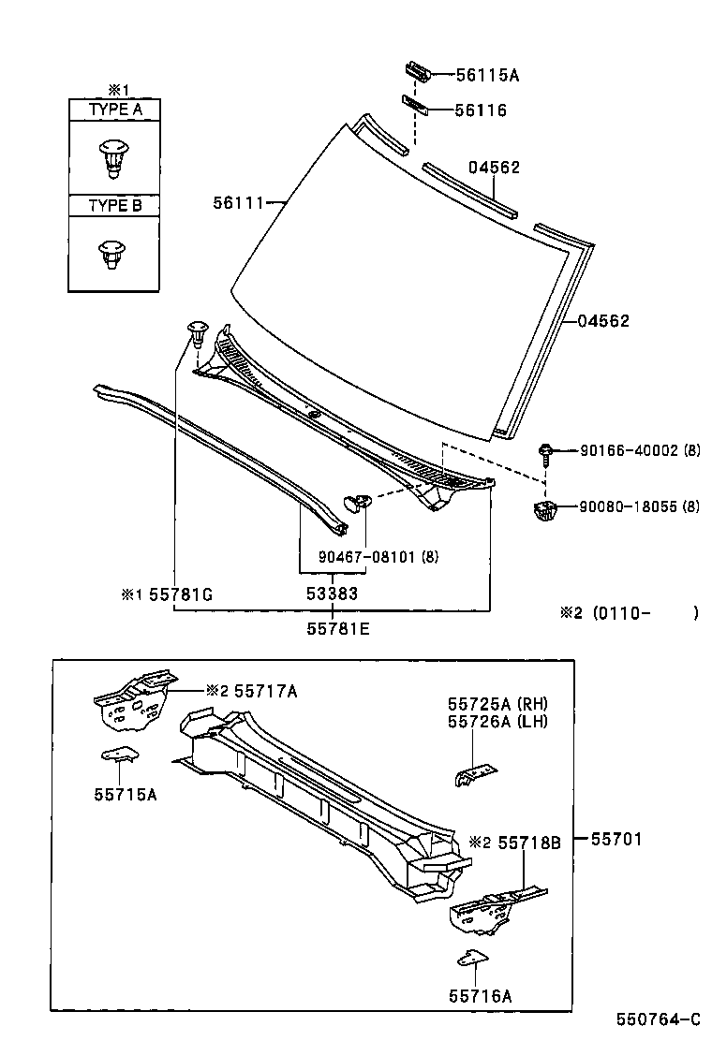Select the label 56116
pos(481,110)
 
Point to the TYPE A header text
pos(115,110)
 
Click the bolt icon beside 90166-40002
pos(546,453)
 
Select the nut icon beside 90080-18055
pos(544,510)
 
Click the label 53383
pos(333,594)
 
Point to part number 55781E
pos(337,629)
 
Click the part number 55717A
pos(265,691)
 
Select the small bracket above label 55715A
pos(121,754)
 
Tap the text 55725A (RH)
pos(497,704)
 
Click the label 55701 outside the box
pos(616,840)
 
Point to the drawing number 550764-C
pos(658,1019)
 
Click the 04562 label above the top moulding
pos(494,168)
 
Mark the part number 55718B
pos(528,843)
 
